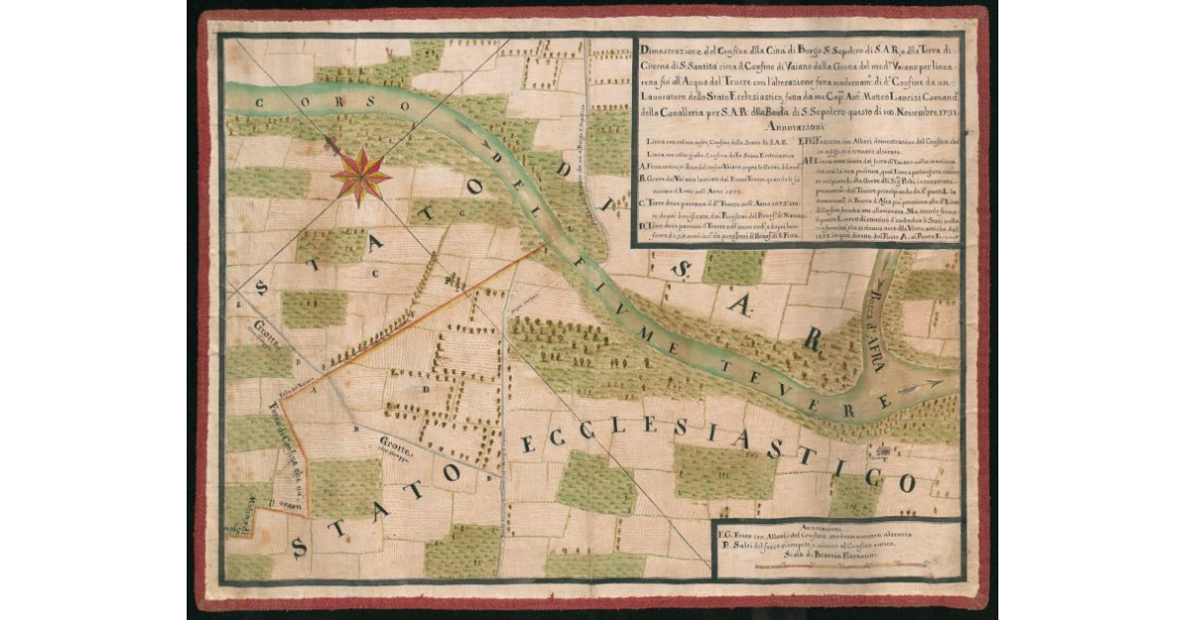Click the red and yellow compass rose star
360,175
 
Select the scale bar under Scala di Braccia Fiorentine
835,570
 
